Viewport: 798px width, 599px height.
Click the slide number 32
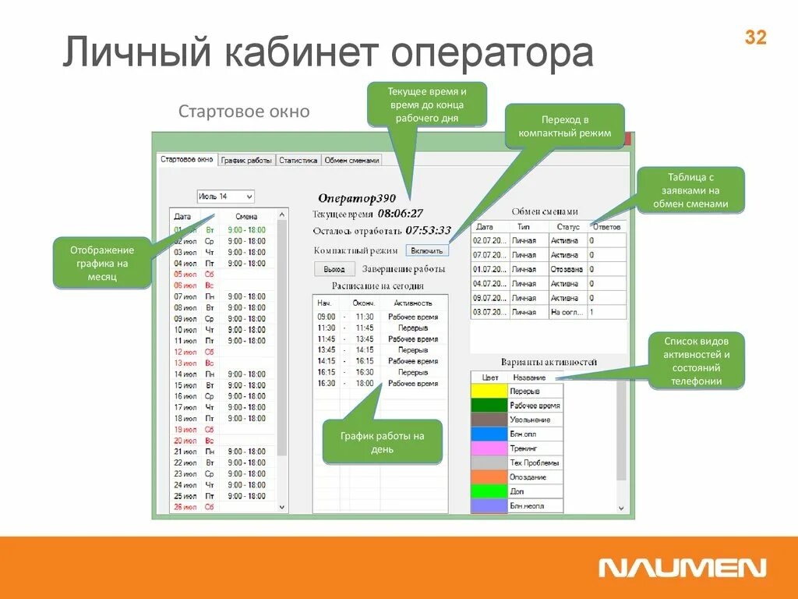[755, 37]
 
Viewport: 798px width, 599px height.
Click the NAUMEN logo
[682, 568]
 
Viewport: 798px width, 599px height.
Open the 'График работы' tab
[246, 160]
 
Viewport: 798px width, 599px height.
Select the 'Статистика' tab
[298, 160]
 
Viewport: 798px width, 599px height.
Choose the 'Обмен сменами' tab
[351, 160]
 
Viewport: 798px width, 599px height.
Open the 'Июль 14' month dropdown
[225, 197]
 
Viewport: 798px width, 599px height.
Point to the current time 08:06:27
[401, 213]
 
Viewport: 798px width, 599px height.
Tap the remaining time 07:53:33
[428, 230]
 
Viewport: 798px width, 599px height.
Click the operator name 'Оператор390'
[357, 198]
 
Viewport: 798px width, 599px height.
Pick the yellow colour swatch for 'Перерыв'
[489, 391]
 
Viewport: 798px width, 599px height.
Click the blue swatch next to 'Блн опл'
[489, 434]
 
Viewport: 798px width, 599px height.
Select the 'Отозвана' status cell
[567, 269]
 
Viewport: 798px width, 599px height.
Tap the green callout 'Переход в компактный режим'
[565, 126]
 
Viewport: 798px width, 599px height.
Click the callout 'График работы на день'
[383, 442]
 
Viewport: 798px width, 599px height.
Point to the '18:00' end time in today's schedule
[364, 384]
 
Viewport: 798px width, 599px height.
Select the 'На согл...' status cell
[567, 312]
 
